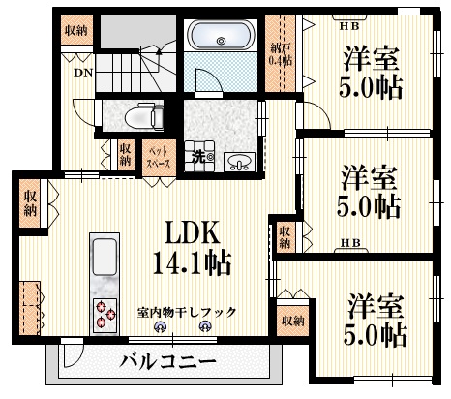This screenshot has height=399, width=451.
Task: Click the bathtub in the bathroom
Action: (x=220, y=41)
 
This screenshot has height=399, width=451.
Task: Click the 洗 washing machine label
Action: (x=197, y=157)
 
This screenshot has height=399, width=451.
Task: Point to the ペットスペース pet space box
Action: (x=158, y=157)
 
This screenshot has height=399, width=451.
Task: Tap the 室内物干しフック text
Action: (x=186, y=311)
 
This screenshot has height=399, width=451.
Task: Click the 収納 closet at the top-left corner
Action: (x=75, y=31)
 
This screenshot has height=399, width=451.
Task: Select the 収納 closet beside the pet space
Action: (x=126, y=155)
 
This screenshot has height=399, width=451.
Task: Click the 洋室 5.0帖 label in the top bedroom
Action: (x=371, y=74)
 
